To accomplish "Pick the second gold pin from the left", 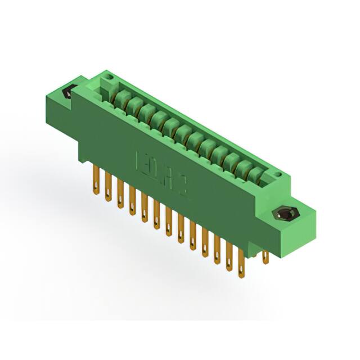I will pyautogui.click(x=107, y=186).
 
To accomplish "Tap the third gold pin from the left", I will pyautogui.click(x=119, y=193).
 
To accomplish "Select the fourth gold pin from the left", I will pyautogui.click(x=132, y=201).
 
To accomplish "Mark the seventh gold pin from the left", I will pyautogui.click(x=168, y=223).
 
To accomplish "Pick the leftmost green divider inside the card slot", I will pyautogui.click(x=120, y=100).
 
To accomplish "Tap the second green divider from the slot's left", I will pyautogui.click(x=133, y=106).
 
